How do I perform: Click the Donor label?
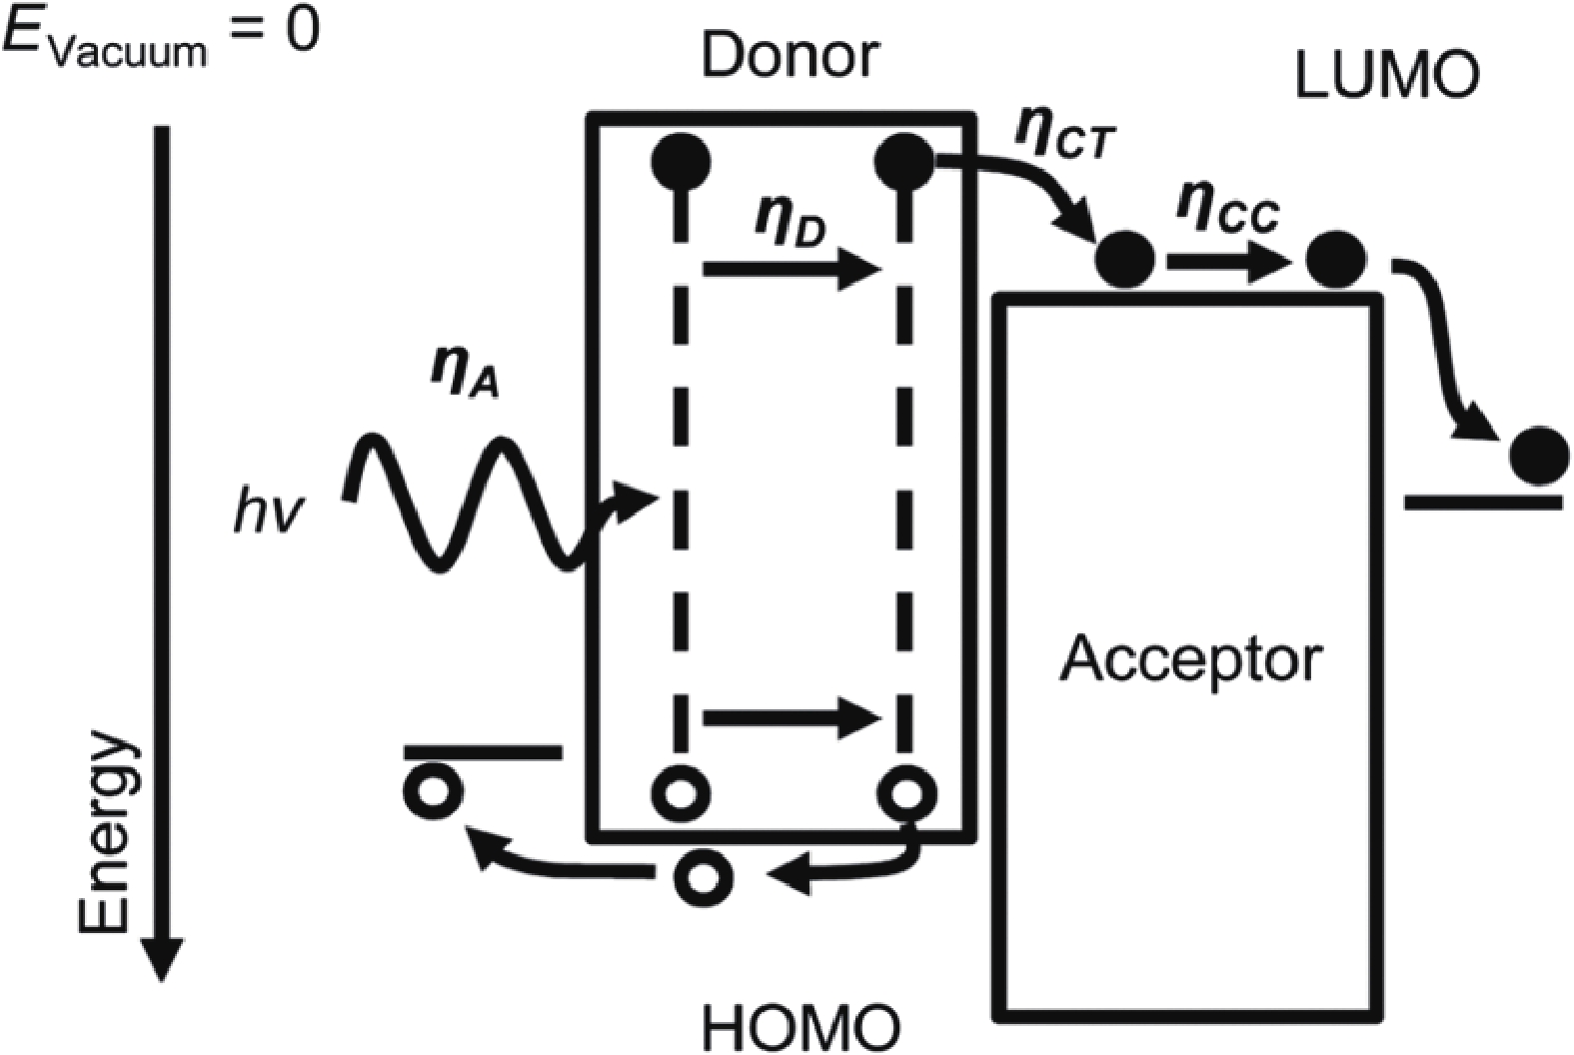point(789,57)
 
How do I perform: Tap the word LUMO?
point(1385,77)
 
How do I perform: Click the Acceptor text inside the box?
point(1191,659)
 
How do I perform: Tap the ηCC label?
point(1227,213)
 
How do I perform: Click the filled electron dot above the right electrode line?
point(1539,456)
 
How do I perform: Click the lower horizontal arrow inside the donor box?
point(790,716)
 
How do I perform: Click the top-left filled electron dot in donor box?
point(681,160)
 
